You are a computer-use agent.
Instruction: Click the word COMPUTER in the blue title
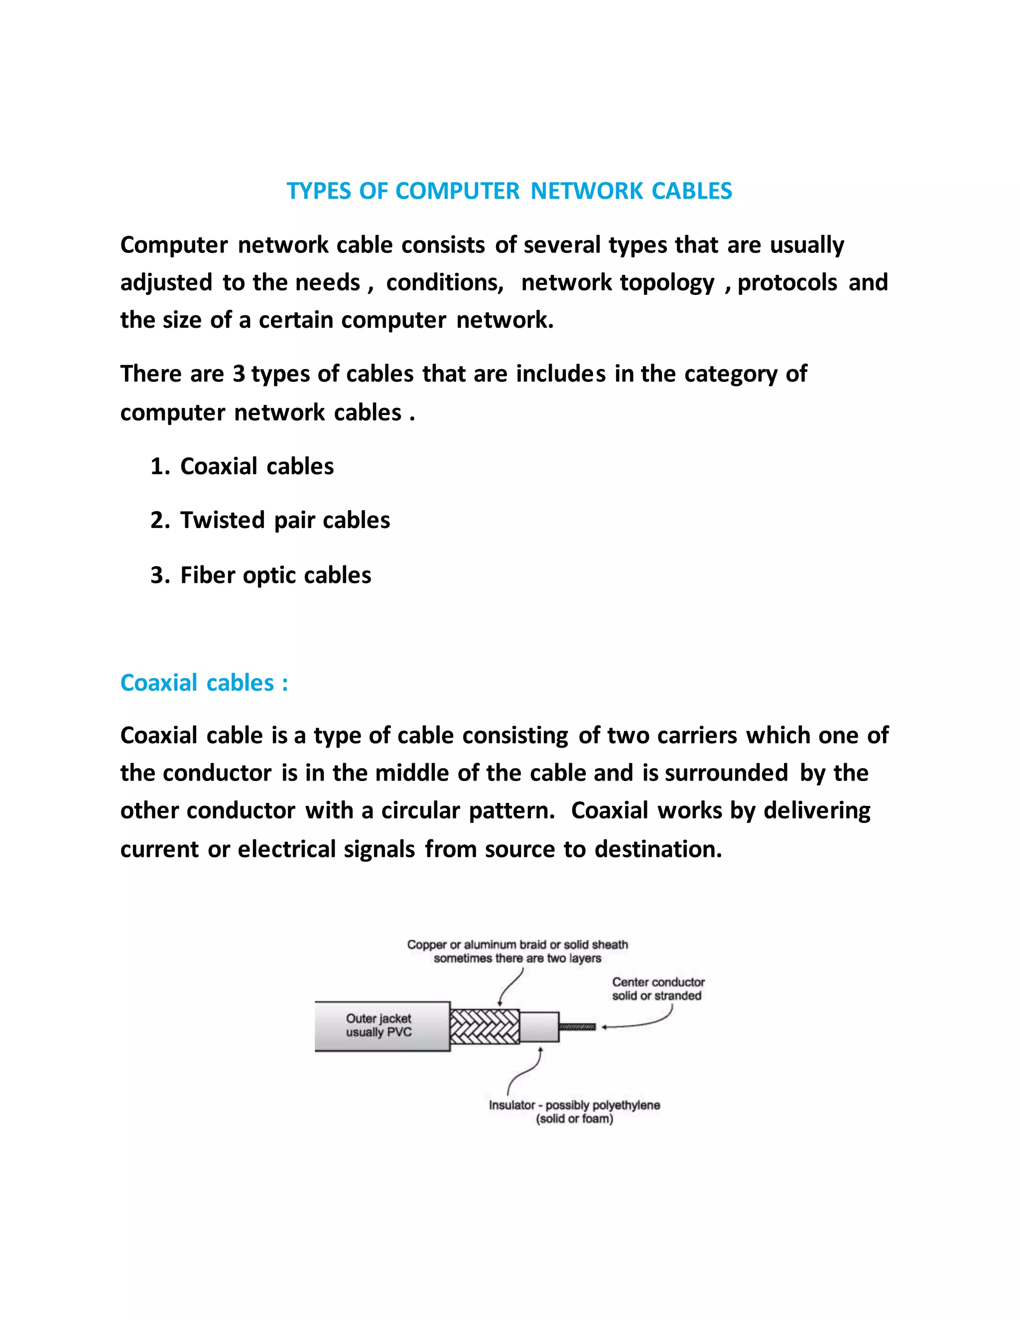coord(457,191)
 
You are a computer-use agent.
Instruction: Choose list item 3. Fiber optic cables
coord(261,575)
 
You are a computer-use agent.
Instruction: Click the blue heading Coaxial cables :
coord(204,683)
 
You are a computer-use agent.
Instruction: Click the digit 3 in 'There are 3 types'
coord(239,374)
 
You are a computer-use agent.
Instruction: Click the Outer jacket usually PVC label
coord(379,1025)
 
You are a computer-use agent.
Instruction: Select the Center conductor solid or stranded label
coord(657,989)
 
